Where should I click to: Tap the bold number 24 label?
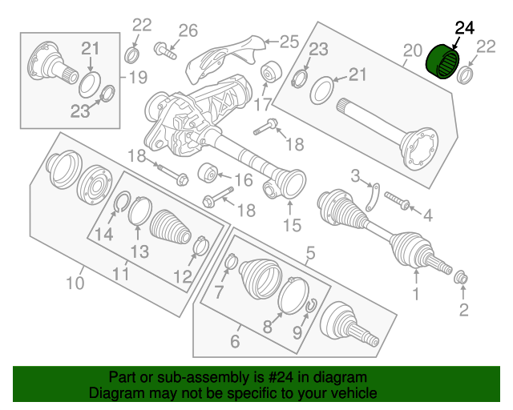click(465, 29)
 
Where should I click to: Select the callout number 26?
click(188, 31)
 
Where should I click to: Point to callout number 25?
click(289, 40)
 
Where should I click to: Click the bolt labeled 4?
click(397, 203)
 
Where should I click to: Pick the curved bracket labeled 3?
click(372, 197)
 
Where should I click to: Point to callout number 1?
click(416, 295)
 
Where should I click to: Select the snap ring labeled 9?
click(311, 305)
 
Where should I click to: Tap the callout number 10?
click(75, 282)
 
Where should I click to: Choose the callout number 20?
click(412, 54)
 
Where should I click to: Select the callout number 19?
click(138, 78)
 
